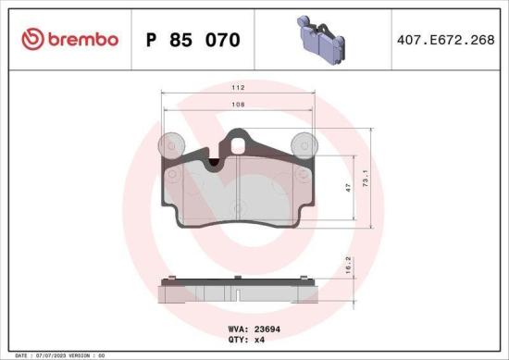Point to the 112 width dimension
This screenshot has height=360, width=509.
pyautogui.click(x=238, y=87)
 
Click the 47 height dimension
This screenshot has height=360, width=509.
pyautogui.click(x=348, y=188)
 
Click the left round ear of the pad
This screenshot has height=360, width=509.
pyautogui.click(x=168, y=145)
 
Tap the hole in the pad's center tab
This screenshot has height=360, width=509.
pyautogui.click(x=239, y=143)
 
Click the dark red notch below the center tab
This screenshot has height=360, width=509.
pyautogui.click(x=216, y=163)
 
